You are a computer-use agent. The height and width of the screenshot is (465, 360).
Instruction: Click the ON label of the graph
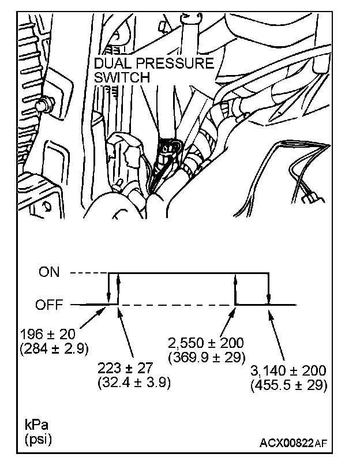pos(50,272)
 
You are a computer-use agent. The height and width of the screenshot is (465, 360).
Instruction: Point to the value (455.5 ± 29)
pos(290,385)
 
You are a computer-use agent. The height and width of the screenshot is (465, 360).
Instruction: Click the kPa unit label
pos(36,425)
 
